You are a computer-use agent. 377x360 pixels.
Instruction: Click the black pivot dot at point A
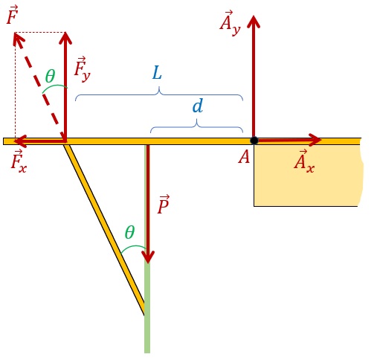tap(254, 141)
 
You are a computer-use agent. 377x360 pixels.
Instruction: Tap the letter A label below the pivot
tap(244, 157)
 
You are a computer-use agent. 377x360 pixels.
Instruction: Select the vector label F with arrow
tap(13, 15)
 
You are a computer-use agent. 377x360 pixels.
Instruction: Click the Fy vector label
tap(83, 69)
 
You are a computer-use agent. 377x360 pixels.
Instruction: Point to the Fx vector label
tap(19, 161)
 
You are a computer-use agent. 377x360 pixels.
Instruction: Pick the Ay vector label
tap(230, 23)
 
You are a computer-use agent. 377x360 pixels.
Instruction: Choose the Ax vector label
tap(304, 161)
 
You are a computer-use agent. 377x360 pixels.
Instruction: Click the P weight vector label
tap(164, 205)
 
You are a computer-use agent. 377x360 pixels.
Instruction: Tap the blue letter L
tap(157, 73)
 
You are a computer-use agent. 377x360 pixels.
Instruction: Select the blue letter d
tap(198, 106)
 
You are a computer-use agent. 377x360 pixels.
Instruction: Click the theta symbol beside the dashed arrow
tap(50, 76)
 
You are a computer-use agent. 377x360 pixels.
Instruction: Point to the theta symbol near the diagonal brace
tap(130, 232)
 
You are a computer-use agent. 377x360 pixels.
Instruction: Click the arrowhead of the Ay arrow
tap(254, 22)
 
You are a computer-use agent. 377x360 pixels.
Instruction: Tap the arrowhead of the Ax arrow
tap(315, 140)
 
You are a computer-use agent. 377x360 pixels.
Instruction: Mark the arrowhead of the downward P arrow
tap(148, 257)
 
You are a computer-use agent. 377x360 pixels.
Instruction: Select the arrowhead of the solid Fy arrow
tap(65, 38)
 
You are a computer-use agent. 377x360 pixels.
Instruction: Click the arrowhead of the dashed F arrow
tap(18, 40)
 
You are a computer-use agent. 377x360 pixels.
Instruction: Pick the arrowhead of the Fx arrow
tap(20, 141)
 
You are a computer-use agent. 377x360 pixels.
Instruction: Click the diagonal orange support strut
tap(104, 230)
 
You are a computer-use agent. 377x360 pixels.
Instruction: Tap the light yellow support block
tap(307, 176)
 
